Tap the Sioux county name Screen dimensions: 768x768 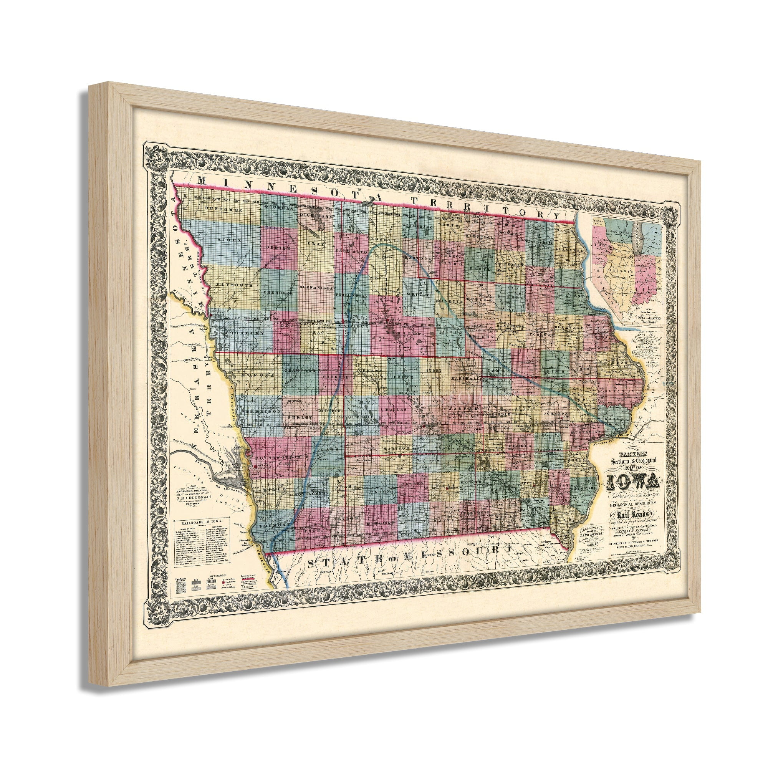click(224, 240)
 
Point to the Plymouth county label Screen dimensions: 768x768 click(230, 285)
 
